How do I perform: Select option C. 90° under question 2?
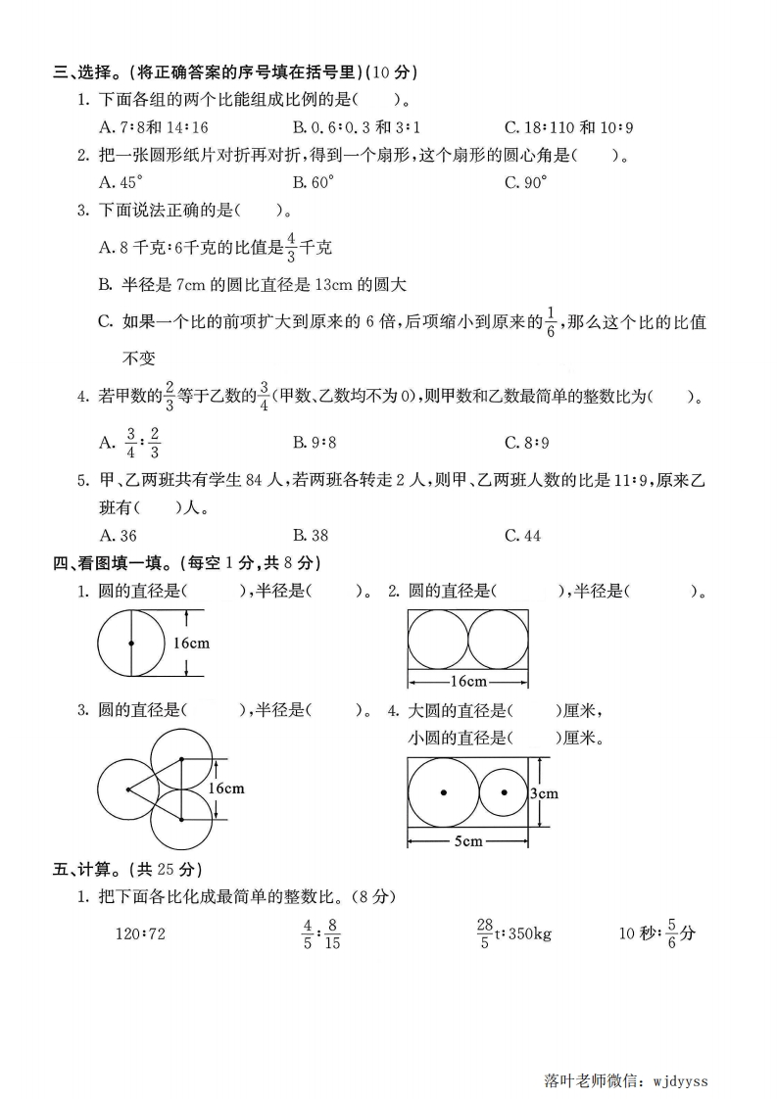525,181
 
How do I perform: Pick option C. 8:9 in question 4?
525,443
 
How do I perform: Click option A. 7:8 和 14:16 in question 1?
154,126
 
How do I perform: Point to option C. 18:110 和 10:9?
569,126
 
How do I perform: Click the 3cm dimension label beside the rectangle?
544,792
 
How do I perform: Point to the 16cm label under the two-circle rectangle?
468,681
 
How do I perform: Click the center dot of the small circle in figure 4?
504,791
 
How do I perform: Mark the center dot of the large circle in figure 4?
443,791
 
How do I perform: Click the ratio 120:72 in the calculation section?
140,933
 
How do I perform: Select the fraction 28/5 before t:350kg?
484,932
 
